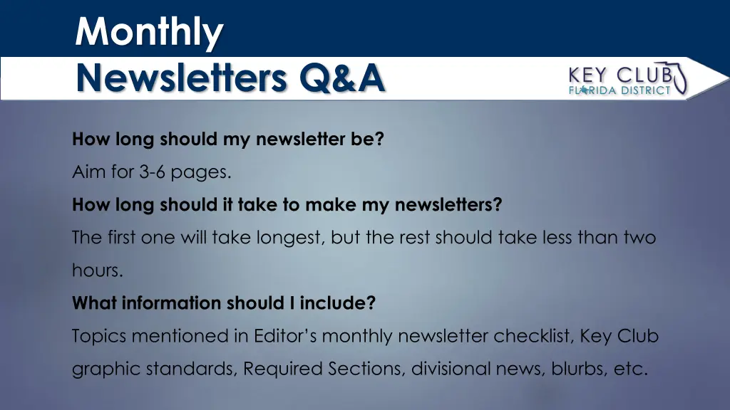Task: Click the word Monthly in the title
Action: point(149,32)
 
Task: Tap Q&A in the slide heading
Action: point(342,78)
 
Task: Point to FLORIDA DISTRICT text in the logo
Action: point(619,90)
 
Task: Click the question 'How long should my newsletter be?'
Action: point(227,140)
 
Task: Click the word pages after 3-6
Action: point(206,173)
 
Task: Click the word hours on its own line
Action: point(97,270)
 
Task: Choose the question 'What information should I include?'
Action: point(223,303)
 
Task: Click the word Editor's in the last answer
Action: point(285,336)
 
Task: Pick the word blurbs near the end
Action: point(575,369)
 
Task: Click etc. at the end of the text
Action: point(629,369)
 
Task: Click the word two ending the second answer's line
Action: point(639,238)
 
